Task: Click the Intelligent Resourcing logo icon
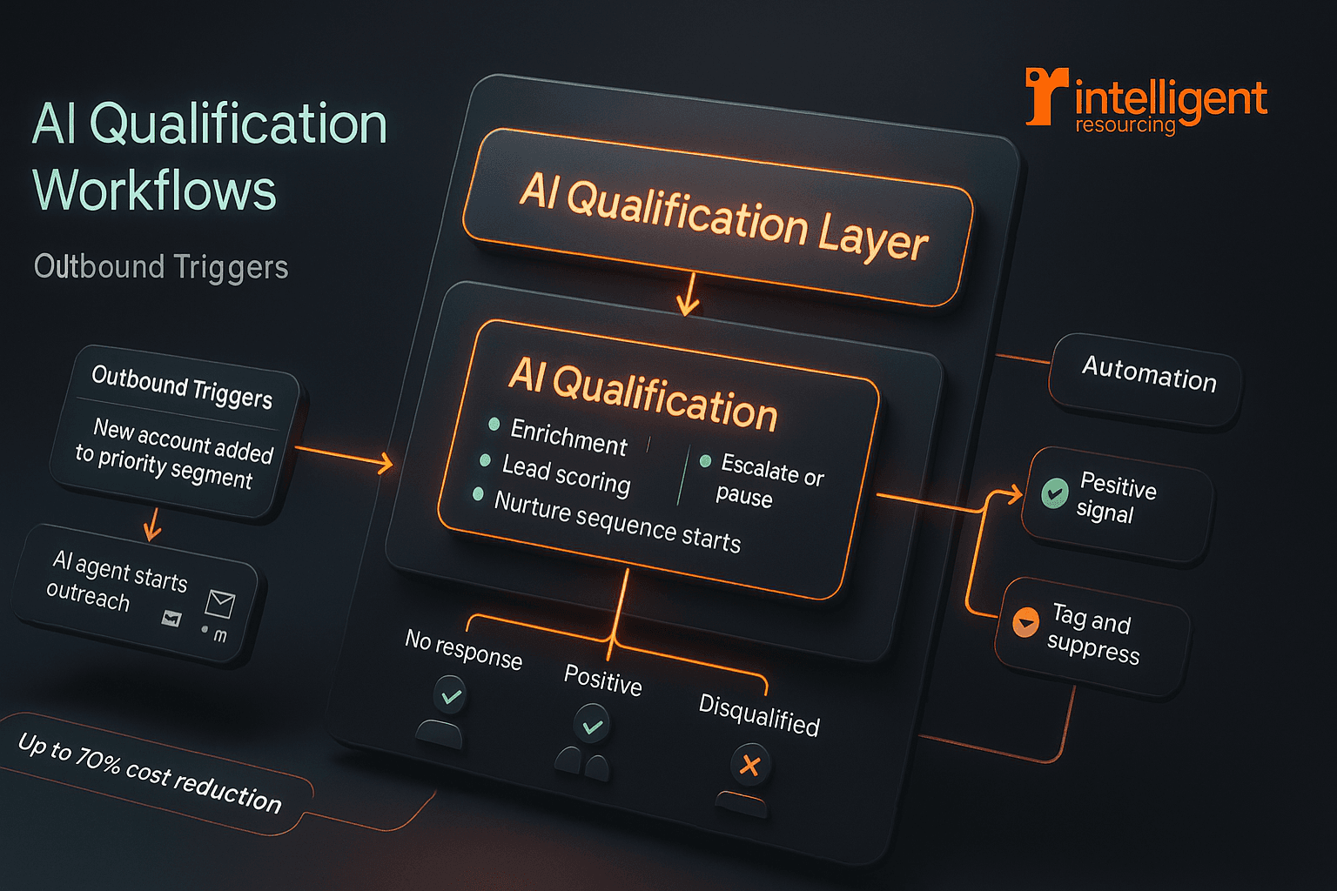tap(1045, 95)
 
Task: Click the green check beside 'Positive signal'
tap(1055, 493)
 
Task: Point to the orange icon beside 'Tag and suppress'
tap(1025, 622)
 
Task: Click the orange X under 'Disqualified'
tap(749, 766)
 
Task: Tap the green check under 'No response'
tap(451, 696)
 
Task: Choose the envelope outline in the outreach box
tap(220, 602)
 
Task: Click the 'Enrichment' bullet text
tap(568, 436)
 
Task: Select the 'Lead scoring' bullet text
tap(566, 475)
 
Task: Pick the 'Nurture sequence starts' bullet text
tap(617, 521)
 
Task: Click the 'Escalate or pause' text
tap(769, 480)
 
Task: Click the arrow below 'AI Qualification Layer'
tap(689, 296)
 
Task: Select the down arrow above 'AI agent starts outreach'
tap(152, 524)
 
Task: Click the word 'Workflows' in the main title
tap(154, 191)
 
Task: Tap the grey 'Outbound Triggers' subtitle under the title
tap(161, 266)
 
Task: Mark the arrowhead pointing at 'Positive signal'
tap(1014, 495)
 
